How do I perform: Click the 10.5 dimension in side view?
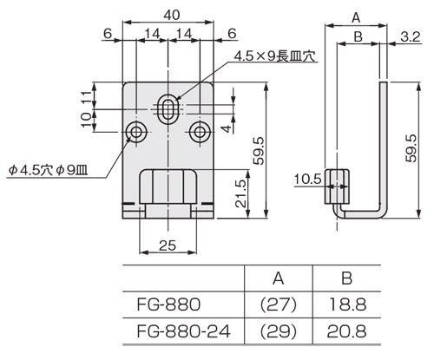(306, 180)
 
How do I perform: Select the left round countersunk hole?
(136, 132)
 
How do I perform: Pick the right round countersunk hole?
(201, 132)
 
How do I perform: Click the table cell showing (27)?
(278, 304)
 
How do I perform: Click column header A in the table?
(278, 278)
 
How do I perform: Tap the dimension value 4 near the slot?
(225, 130)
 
